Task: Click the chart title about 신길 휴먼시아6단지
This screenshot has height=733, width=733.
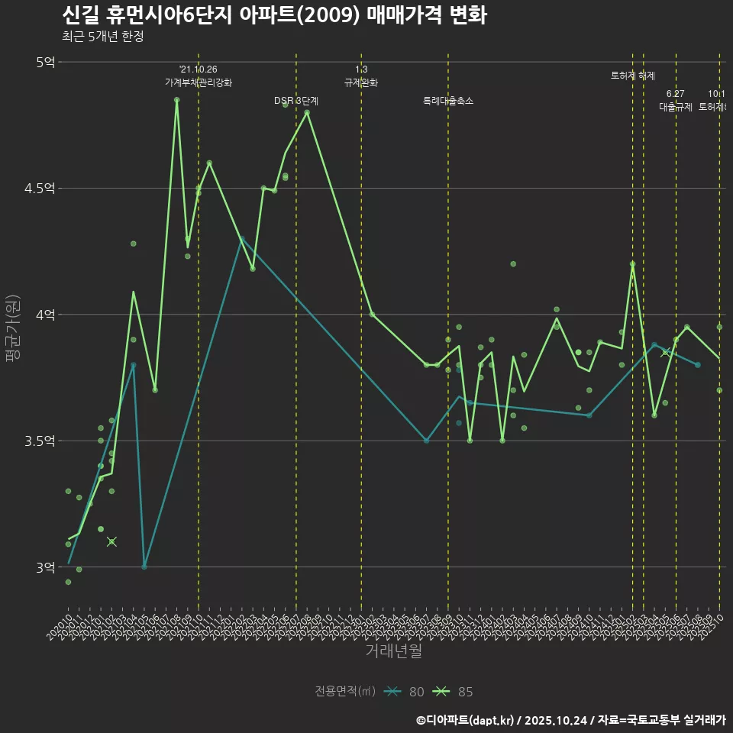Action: coord(273,15)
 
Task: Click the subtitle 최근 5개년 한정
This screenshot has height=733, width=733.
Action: coord(102,37)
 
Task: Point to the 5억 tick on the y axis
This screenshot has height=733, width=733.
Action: coord(45,63)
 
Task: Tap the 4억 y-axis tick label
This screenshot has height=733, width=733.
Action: coord(45,315)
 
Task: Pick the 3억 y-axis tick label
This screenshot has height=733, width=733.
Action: coord(45,567)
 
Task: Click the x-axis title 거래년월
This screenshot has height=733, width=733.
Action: coord(393,651)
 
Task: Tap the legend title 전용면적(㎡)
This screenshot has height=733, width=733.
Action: coord(345,692)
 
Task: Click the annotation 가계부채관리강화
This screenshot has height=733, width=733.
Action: coord(199,82)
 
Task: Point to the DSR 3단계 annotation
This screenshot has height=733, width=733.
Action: coord(296,101)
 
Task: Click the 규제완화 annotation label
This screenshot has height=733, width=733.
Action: coord(361,82)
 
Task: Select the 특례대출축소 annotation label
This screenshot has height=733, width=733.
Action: coord(448,101)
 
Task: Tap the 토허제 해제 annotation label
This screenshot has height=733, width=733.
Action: coord(633,76)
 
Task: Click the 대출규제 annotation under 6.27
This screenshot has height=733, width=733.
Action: coord(676,107)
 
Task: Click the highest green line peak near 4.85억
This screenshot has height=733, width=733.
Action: coord(176,99)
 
